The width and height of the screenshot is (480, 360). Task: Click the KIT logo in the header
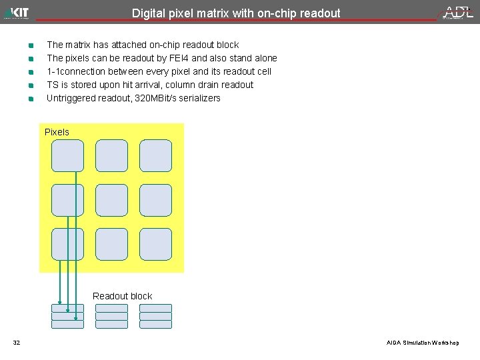coord(17,13)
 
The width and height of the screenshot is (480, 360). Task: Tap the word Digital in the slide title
coord(148,13)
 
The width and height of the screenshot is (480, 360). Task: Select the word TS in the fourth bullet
coord(53,85)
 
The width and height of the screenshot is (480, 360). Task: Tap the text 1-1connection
coord(77,71)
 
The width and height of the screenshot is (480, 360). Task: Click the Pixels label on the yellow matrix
coord(57,132)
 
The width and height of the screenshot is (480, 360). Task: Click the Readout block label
coord(122,296)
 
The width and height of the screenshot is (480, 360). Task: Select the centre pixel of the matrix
coord(111,200)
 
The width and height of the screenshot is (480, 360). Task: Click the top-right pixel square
coord(155,155)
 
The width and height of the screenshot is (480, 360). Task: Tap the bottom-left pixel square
coord(67,244)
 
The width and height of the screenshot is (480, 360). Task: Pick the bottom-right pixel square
coord(155,244)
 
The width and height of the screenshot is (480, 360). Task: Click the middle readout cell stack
coord(111,317)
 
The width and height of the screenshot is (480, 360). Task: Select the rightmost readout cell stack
coord(155,317)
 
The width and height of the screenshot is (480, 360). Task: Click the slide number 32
coord(17,343)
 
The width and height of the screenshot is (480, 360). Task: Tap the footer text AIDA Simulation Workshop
coord(423,343)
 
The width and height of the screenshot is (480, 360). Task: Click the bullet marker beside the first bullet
coord(31,45)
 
